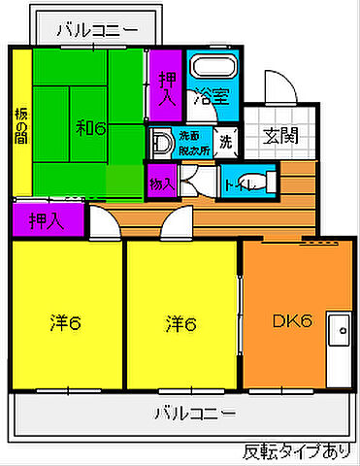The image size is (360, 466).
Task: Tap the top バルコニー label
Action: pos(96,29)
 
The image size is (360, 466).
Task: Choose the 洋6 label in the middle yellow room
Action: pos(180,321)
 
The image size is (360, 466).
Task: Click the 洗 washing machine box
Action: pos(225,142)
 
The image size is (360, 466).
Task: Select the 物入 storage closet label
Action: pos(161,182)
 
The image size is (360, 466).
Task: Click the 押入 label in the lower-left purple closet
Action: pos(47,220)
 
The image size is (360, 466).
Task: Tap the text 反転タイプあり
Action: pos(295,450)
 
